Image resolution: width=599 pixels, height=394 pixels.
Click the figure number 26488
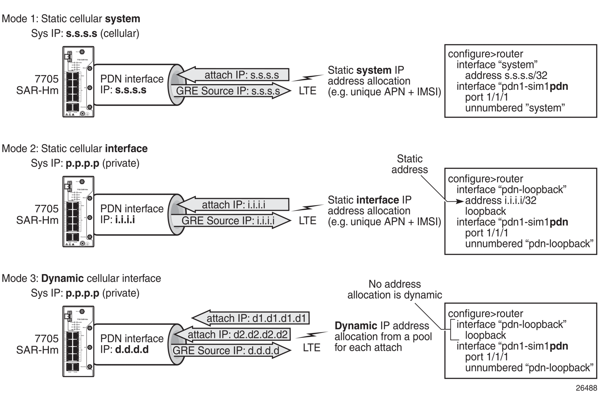(586, 388)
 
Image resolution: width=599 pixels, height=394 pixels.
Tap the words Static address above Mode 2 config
(409, 164)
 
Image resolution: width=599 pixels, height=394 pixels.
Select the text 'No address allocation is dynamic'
(394, 289)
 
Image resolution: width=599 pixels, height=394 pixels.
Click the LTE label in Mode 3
(311, 348)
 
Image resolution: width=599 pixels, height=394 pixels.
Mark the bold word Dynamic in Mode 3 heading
(63, 278)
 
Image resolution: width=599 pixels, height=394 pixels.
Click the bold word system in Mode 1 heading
(123, 19)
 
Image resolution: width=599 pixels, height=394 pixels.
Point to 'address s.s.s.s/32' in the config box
(506, 76)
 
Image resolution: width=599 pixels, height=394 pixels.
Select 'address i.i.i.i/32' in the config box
(500, 201)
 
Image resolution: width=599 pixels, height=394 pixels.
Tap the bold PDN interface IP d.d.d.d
(132, 350)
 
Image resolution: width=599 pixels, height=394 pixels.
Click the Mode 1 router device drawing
(78, 82)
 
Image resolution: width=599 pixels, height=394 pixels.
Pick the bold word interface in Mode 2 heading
(126, 149)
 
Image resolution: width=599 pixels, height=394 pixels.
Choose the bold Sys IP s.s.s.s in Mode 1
(81, 33)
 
